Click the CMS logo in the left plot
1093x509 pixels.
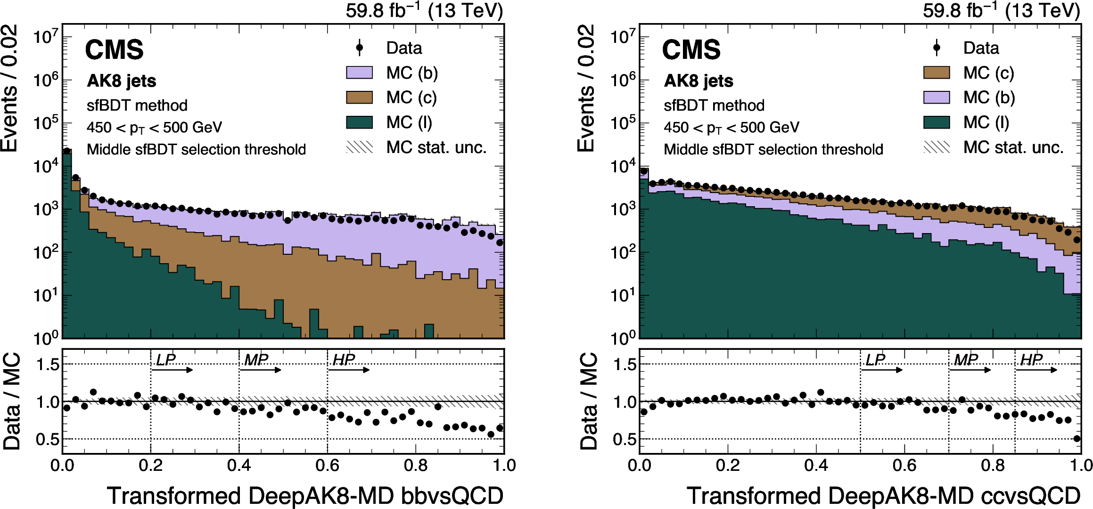tap(115, 50)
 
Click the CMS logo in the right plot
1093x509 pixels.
tap(691, 50)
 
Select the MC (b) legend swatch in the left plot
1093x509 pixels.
tap(359, 73)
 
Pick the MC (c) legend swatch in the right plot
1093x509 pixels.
tap(937, 73)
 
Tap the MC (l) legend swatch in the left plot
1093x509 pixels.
tap(359, 122)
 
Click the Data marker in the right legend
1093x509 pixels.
tap(937, 48)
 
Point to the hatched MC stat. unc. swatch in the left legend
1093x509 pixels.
tap(359, 147)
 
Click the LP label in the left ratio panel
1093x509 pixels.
tap(165, 360)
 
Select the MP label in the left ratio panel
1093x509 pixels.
tap(256, 360)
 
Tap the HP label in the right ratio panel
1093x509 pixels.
tap(1031, 360)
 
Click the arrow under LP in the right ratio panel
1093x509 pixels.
tap(881, 370)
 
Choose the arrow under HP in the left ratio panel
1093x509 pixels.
tap(349, 370)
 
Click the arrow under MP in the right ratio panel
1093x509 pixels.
tap(970, 370)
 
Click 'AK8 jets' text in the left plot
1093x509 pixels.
tap(122, 81)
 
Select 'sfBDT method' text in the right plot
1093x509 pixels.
tap(714, 105)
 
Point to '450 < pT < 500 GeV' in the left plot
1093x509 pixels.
tap(154, 128)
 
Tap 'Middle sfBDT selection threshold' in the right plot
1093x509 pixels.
tap(773, 150)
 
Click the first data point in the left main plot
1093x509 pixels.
tap(67, 151)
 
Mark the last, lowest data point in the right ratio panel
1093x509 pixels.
tap(1077, 438)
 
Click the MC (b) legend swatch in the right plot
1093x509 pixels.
tap(937, 97)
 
